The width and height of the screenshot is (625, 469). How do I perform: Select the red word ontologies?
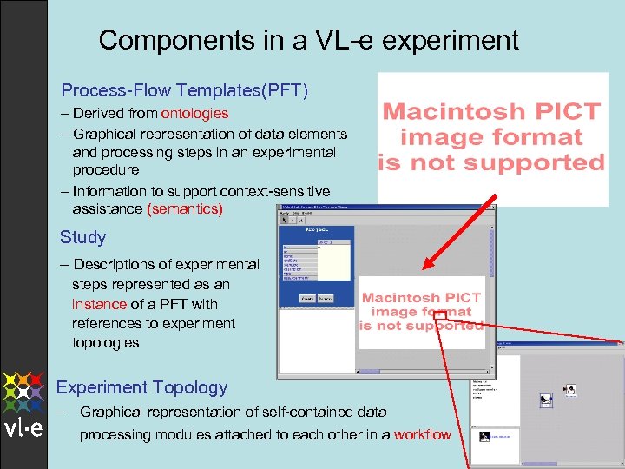coord(194,113)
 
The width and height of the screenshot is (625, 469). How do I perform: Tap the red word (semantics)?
coord(185,209)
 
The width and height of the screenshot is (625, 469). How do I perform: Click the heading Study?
coord(82,237)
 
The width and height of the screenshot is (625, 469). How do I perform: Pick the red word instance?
coord(99,304)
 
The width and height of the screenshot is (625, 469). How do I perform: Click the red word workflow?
coord(422,434)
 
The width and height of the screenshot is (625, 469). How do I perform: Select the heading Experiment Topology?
coord(141,387)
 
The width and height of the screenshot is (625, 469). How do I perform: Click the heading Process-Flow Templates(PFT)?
coord(184,90)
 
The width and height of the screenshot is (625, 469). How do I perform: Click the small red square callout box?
coord(439,315)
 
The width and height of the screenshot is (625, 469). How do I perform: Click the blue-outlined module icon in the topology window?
coord(546,400)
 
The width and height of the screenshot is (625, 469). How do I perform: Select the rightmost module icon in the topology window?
coord(570,391)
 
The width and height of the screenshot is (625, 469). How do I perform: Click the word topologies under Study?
coord(105,342)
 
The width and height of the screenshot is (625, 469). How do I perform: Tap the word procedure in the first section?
coord(105,170)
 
